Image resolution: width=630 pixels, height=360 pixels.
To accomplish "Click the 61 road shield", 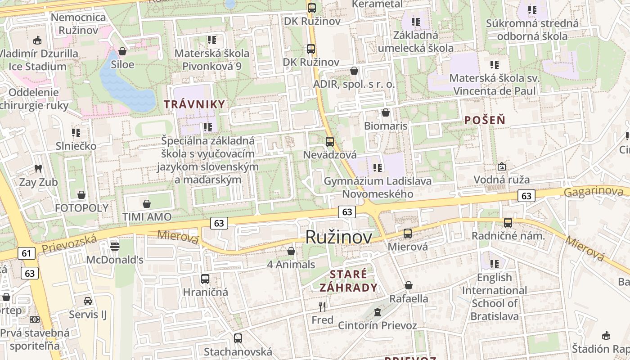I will pos(27,253).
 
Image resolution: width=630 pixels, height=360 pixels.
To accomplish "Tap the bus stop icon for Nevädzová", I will pos(330,142).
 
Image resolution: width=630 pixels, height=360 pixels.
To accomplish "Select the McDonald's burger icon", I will pos(115,246).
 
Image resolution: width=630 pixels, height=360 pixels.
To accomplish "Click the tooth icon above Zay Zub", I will pos(38,169).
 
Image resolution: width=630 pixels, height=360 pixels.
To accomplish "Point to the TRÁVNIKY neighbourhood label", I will pos(194,104).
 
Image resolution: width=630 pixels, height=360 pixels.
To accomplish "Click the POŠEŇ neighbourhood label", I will pos(485,120).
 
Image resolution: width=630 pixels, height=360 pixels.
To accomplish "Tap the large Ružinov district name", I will pos(339,237).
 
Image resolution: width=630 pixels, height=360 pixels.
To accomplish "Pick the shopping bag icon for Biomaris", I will pos(386,112).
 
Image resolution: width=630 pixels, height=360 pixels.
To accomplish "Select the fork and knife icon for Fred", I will pos(322,307).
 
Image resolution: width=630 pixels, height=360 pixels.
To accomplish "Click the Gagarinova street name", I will pos(594,192).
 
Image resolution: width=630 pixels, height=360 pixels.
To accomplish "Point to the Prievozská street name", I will pos(69,243).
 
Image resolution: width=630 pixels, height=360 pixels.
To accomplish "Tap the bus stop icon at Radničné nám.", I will pos(508,222).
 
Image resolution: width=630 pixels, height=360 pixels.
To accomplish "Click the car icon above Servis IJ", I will pos(88,301).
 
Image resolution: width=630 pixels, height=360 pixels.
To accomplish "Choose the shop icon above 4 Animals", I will pos(291,251).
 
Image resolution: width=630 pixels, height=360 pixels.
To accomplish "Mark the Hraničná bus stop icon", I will pos(205,279).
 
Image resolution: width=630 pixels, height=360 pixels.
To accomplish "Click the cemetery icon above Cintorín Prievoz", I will pos(378,312).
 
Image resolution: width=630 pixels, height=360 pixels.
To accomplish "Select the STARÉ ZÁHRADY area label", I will pos(349,281).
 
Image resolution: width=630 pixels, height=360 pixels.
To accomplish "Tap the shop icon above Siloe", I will pos(122,51).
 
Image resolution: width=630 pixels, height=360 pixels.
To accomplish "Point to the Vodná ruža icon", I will pos(502,167).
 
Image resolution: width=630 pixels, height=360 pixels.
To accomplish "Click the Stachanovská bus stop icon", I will pos(238,338).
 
